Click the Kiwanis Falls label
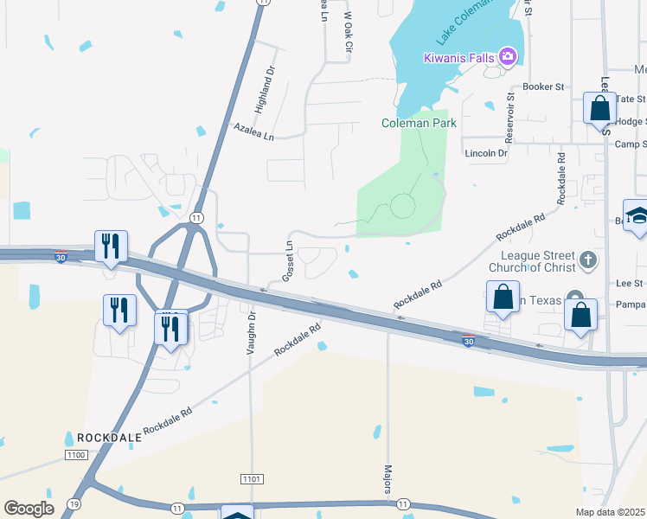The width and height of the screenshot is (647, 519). [x=458, y=58]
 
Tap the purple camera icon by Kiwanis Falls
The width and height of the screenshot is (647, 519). [x=508, y=58]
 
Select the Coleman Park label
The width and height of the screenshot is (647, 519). [x=419, y=123]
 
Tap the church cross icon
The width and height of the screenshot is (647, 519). [x=587, y=259]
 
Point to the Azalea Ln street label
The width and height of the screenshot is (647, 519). [x=253, y=131]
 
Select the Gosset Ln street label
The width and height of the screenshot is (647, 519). [x=289, y=261]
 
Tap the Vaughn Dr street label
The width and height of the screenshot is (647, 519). [x=252, y=333]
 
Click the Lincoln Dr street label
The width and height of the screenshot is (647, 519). [x=485, y=153]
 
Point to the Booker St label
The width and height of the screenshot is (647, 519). [x=543, y=87]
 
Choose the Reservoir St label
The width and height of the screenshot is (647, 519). [x=510, y=105]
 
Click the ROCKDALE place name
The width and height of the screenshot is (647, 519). [x=109, y=438]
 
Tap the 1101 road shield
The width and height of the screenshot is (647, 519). [x=251, y=478]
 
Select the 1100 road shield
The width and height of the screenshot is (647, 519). [x=77, y=455]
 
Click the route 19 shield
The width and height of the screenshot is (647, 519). [x=74, y=503]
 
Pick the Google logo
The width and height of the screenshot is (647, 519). [x=29, y=508]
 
